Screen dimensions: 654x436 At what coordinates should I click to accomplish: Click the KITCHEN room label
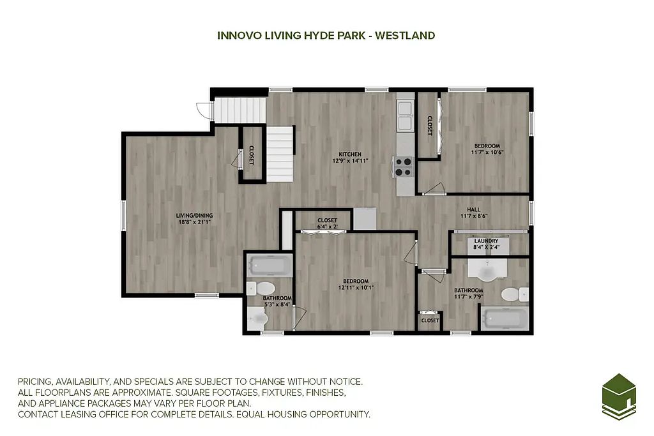coord(350,154)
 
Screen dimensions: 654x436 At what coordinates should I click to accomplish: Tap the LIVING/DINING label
coord(194,216)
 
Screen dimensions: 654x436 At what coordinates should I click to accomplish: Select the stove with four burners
coord(404,167)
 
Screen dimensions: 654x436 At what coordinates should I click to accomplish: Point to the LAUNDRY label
coord(486,241)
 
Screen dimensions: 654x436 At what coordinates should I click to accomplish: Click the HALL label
coord(473,209)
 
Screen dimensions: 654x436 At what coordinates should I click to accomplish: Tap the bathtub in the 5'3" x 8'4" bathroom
coord(270,265)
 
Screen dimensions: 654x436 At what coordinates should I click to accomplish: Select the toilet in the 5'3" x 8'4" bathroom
coord(261,289)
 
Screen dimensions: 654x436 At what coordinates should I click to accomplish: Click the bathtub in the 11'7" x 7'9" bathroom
coord(505,319)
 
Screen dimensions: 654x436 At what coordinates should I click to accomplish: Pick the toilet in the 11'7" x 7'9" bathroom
coord(514,294)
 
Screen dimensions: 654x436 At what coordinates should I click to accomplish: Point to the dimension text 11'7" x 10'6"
coord(487,152)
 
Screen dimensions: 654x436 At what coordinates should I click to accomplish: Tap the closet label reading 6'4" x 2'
coord(328,227)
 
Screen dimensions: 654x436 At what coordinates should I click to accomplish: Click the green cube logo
coord(619,396)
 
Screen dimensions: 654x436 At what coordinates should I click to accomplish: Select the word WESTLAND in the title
coord(405,36)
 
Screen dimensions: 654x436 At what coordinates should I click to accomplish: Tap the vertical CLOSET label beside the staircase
coord(252,155)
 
